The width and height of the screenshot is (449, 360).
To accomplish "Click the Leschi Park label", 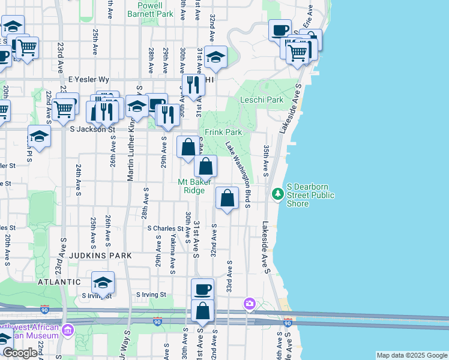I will pyautogui.click(x=262, y=100).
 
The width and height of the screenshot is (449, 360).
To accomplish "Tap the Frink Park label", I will pyautogui.click(x=223, y=132).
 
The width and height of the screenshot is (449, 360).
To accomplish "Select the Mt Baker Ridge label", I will pyautogui.click(x=194, y=187).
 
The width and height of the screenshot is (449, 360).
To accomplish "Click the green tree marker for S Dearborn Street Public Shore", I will pyautogui.click(x=277, y=194).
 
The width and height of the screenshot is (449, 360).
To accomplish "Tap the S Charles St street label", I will pyautogui.click(x=165, y=229).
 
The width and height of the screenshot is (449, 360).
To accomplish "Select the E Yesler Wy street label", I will pyautogui.click(x=89, y=79).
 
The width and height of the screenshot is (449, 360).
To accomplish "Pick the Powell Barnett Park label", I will pyautogui.click(x=151, y=9).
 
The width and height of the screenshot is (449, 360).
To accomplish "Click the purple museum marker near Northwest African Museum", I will pyautogui.click(x=68, y=330).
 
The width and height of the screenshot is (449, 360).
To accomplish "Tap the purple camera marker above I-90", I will pyautogui.click(x=249, y=305).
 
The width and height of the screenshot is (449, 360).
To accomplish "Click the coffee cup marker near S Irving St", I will pyautogui.click(x=202, y=289).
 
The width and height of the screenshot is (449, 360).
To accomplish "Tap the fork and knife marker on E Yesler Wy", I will pyautogui.click(x=193, y=84).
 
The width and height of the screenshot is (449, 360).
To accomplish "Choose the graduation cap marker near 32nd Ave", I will pyautogui.click(x=215, y=57).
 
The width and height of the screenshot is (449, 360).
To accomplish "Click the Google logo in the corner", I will pyautogui.click(x=20, y=353).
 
